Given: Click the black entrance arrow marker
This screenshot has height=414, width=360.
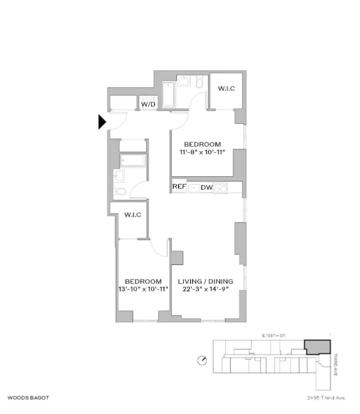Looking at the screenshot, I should click(102, 122).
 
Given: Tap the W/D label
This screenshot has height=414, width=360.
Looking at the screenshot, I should click(148, 105).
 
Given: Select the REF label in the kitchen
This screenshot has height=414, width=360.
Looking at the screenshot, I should click(179, 187).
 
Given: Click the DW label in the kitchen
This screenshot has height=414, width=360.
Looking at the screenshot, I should click(206, 187).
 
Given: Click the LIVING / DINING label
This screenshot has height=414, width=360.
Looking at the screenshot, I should click(206, 281).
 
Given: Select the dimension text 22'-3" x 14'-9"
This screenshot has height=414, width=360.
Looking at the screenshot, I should click(206, 289).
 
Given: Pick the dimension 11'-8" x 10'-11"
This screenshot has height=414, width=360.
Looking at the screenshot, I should click(202, 152).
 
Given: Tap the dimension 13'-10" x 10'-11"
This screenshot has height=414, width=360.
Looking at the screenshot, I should click(143, 289).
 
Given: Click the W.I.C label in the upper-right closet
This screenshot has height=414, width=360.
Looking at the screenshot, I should click(226, 88).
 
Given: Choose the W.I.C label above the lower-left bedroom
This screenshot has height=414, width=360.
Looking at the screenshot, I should click(133, 215).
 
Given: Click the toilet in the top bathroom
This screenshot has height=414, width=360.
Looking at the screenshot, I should click(200, 83).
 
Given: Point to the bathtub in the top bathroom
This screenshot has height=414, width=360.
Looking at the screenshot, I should click(169, 95).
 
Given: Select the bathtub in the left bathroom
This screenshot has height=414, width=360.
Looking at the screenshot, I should click(133, 160).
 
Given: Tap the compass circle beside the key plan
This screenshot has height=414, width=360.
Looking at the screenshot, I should click(202, 361).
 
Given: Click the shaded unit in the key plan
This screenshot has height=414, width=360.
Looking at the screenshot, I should click(318, 347).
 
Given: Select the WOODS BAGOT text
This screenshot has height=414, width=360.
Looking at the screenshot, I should click(28, 398).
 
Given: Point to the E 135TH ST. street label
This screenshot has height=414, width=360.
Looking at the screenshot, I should click(274, 336).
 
